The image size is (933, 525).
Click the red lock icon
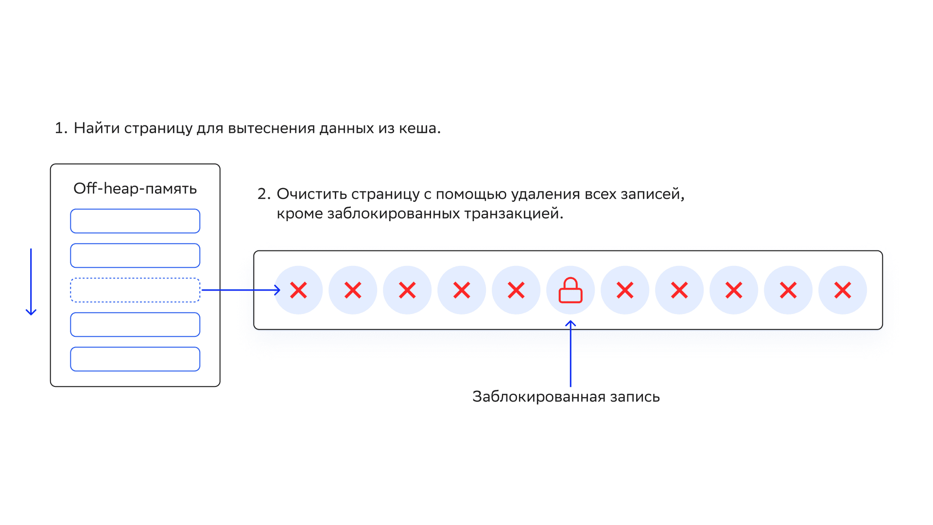(x=570, y=290)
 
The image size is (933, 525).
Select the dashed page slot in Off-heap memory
(x=135, y=290)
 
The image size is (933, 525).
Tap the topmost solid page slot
(x=135, y=221)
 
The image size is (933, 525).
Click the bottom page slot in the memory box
(x=135, y=359)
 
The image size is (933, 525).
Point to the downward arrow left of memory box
(x=31, y=282)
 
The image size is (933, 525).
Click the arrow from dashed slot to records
(x=241, y=290)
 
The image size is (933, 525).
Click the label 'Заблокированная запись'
(x=566, y=397)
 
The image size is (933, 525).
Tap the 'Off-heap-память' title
(x=135, y=189)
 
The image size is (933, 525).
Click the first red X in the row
(x=298, y=290)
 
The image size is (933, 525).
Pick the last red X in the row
(x=843, y=290)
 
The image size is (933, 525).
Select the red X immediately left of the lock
(x=516, y=290)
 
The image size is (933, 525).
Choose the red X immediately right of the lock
(x=625, y=290)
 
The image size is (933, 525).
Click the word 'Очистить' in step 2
(x=311, y=194)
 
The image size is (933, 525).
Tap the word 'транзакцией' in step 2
(x=513, y=214)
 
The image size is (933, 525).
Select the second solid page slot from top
(x=135, y=256)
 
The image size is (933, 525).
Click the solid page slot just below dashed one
(x=135, y=325)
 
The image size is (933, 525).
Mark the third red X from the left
(x=407, y=290)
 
